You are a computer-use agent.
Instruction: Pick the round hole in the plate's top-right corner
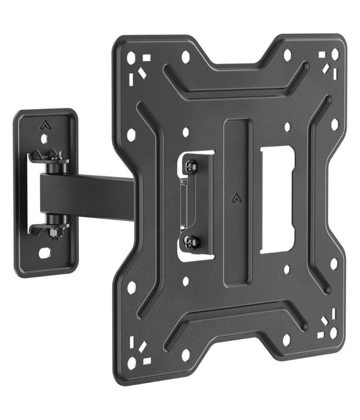[x=334, y=54]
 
